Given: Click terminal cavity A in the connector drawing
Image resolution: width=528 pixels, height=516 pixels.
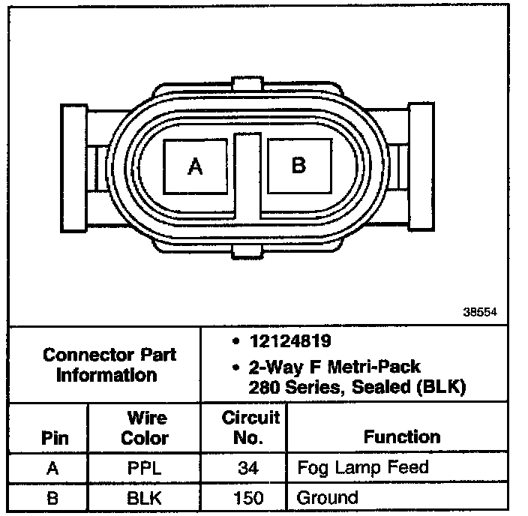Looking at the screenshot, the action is pos(195,166).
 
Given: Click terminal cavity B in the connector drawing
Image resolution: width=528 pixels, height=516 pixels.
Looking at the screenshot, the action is pos(299,166).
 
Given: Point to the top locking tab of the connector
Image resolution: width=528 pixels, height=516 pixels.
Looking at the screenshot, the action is pos(247,83).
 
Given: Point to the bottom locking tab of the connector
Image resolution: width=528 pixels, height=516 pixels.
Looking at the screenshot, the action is pos(247,251).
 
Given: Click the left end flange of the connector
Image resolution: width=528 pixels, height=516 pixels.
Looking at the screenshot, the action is pos(73,168).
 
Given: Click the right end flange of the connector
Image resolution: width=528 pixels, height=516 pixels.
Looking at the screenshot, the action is pos(421,166).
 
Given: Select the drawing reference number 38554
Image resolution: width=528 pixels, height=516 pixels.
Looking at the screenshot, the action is pos(480,312).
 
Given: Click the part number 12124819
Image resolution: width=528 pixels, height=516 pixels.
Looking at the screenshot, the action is pos(290,340).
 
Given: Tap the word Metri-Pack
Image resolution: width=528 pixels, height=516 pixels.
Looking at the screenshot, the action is pos(373,367).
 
